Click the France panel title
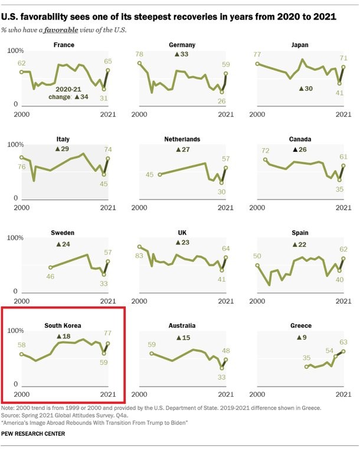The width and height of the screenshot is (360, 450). [63, 44]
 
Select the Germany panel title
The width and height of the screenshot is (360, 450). [181, 44]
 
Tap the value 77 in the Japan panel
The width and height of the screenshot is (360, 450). [257, 54]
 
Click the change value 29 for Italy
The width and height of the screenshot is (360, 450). [63, 148]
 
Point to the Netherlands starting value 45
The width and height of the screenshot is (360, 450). [149, 174]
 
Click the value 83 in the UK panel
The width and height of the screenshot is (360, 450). [139, 256]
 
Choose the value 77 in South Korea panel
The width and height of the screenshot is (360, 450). [107, 334]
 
